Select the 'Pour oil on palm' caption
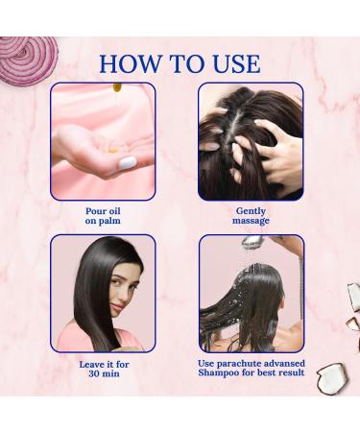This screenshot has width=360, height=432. [x=102, y=215]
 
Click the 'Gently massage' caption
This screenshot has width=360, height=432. [x=252, y=215]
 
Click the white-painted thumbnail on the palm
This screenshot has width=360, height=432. [x=128, y=163]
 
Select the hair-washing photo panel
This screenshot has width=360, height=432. [x=251, y=293]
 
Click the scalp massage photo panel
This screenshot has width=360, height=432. [x=251, y=140]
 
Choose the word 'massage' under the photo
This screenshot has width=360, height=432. [x=252, y=221]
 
